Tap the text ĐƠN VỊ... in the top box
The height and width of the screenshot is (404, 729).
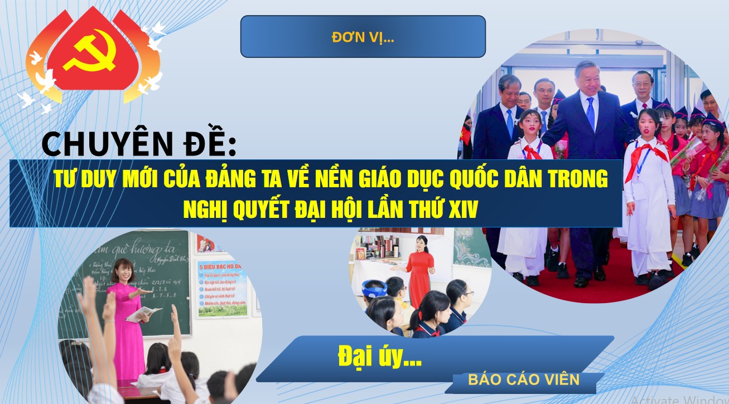click(x=363, y=37)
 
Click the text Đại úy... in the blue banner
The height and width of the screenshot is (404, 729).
click(x=379, y=357)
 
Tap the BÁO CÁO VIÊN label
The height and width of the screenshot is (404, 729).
click(x=524, y=380)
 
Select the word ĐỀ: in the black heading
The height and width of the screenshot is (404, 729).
click(x=211, y=144)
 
